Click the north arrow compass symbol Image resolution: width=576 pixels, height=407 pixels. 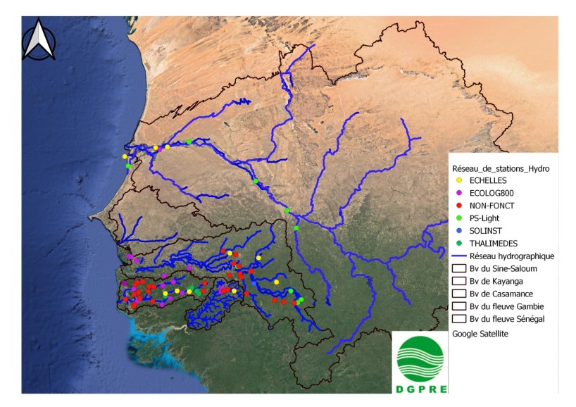[39, 40]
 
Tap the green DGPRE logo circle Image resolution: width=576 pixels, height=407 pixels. [420, 359]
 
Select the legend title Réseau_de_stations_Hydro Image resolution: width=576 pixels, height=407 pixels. [500, 169]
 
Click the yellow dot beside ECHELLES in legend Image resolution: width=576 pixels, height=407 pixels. [458, 180]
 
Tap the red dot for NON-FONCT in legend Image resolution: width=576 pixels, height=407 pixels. [458, 206]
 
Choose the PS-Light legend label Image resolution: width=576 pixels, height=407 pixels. [486, 218]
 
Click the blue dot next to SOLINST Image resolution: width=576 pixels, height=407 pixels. [458, 231]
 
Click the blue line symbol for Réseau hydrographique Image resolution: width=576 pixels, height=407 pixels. [458, 256]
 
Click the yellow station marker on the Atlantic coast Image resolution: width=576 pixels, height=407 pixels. [125, 156]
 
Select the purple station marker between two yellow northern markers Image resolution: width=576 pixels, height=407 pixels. [161, 149]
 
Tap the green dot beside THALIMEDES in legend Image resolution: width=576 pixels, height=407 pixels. [458, 244]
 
